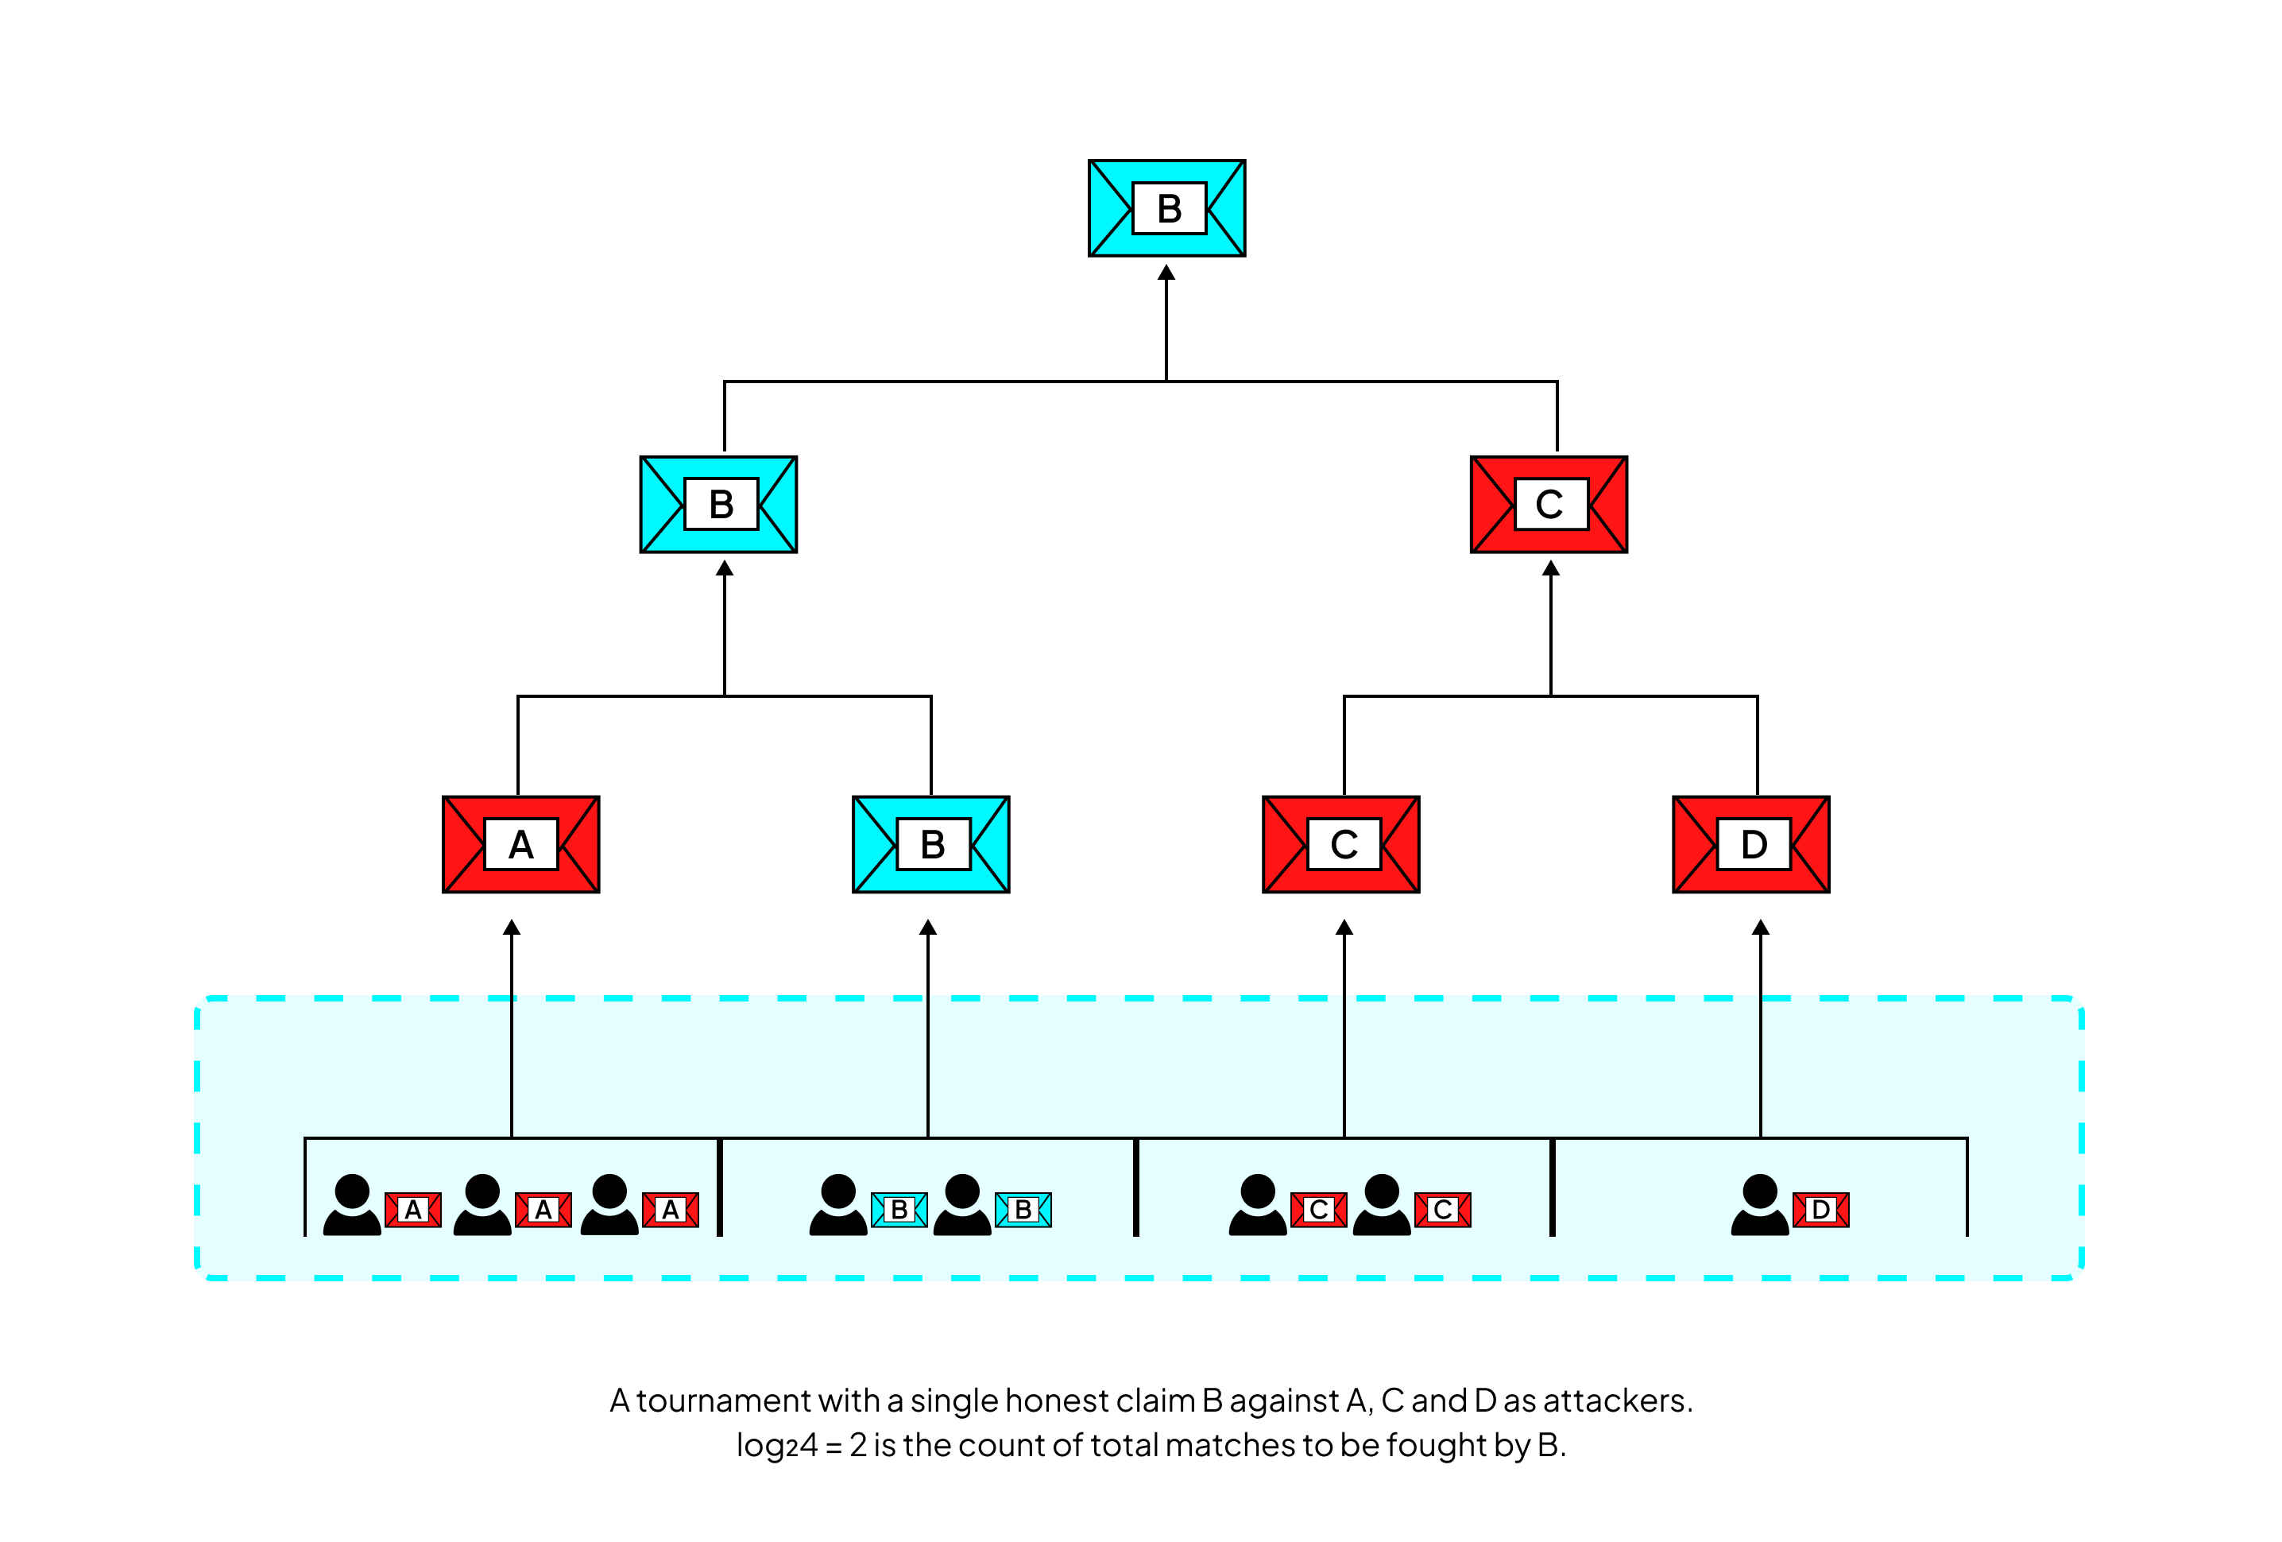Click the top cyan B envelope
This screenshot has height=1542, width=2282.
(x=1166, y=208)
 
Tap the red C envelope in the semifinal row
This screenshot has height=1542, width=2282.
(x=1549, y=504)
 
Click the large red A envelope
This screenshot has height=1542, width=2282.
(x=520, y=843)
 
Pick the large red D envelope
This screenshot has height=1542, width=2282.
(x=1750, y=843)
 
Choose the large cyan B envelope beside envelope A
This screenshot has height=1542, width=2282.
(x=931, y=843)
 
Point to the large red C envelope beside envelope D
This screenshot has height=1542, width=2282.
(x=1340, y=843)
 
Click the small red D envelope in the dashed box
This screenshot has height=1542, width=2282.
(x=1820, y=1209)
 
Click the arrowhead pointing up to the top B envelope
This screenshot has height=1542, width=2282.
(x=1166, y=272)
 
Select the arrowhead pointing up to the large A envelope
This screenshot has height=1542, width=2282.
(x=512, y=926)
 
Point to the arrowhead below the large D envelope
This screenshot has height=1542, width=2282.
(x=1761, y=926)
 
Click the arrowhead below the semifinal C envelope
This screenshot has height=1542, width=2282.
(x=1550, y=568)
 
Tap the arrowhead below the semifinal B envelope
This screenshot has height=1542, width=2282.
(x=725, y=568)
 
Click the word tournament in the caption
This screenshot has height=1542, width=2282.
(x=723, y=1400)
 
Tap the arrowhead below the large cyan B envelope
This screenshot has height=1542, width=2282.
(x=928, y=926)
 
